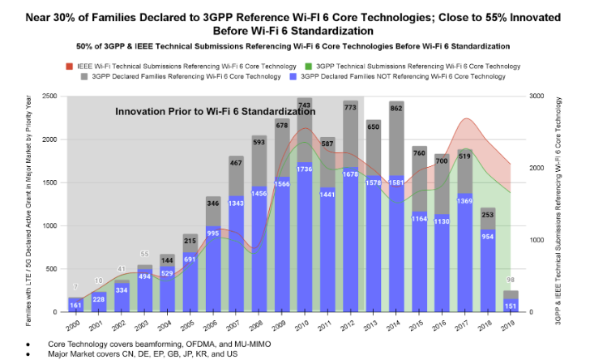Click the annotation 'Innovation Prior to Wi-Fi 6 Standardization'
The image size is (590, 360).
(215, 111)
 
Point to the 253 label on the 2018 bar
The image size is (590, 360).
(489, 215)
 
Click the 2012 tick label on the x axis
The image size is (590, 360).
(350, 325)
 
